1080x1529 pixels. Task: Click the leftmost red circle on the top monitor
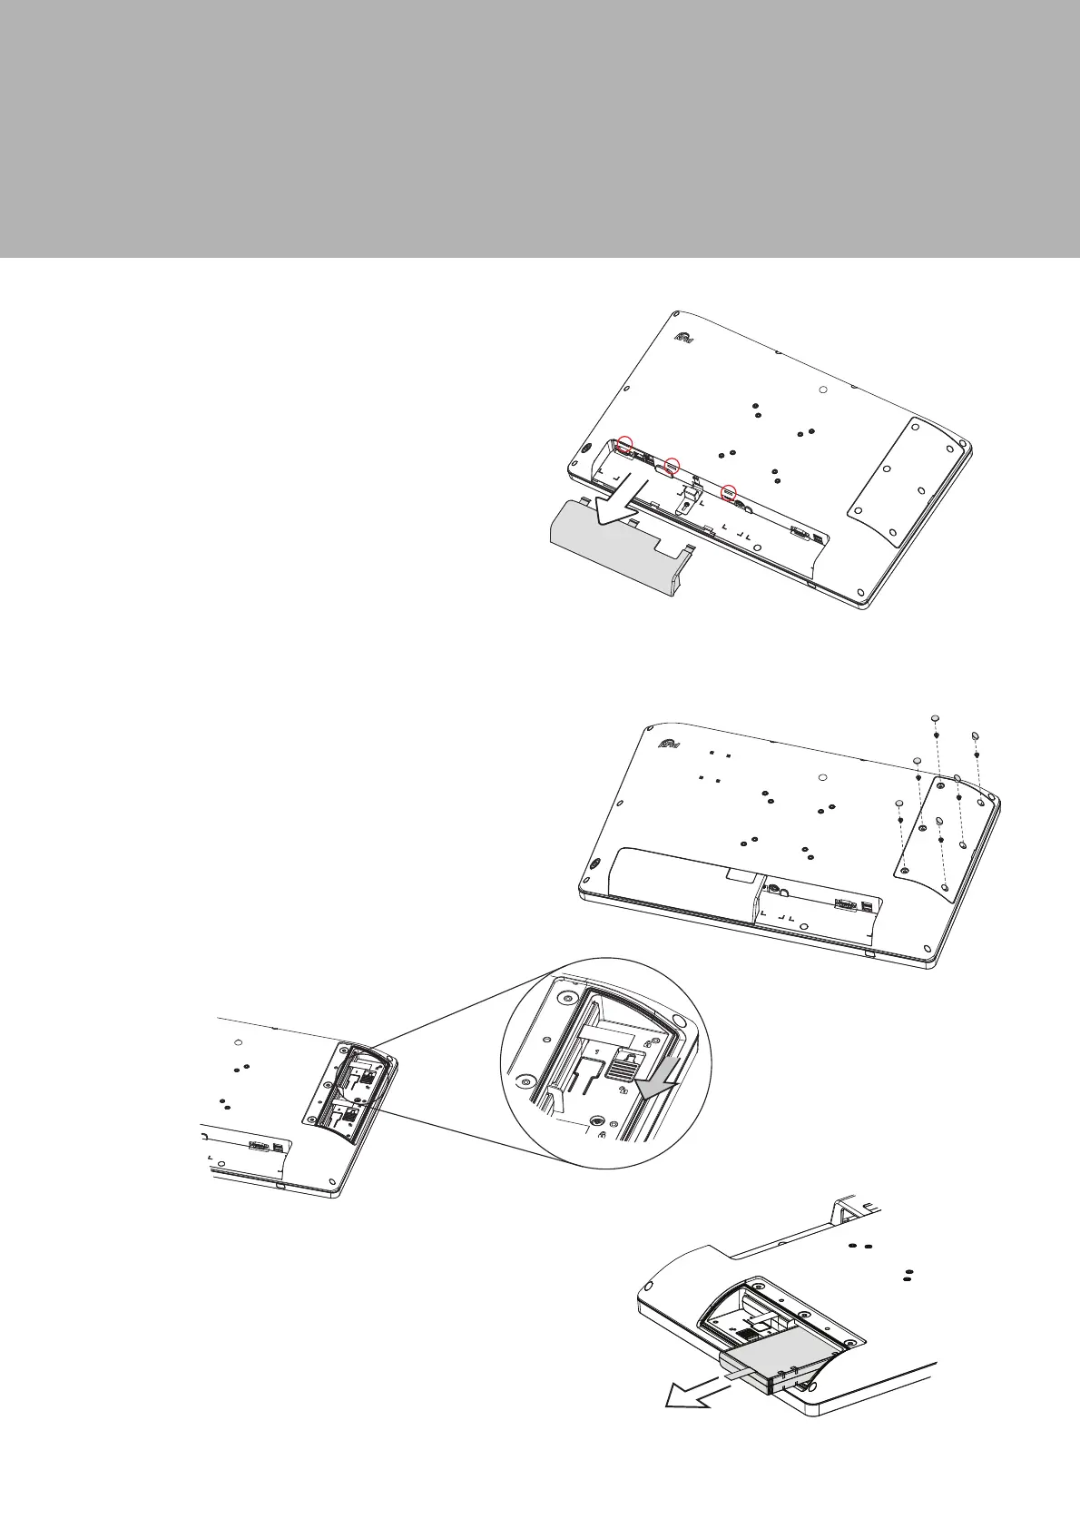pyautogui.click(x=623, y=444)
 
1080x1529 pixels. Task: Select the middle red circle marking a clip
pyautogui.click(x=672, y=466)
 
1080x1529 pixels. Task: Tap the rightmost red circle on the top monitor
pyautogui.click(x=728, y=492)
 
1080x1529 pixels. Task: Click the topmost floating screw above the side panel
pyautogui.click(x=935, y=719)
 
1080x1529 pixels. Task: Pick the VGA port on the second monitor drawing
pyautogui.click(x=845, y=906)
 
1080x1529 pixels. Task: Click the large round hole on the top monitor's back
pyautogui.click(x=822, y=390)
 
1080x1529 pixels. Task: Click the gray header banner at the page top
pyautogui.click(x=540, y=127)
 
